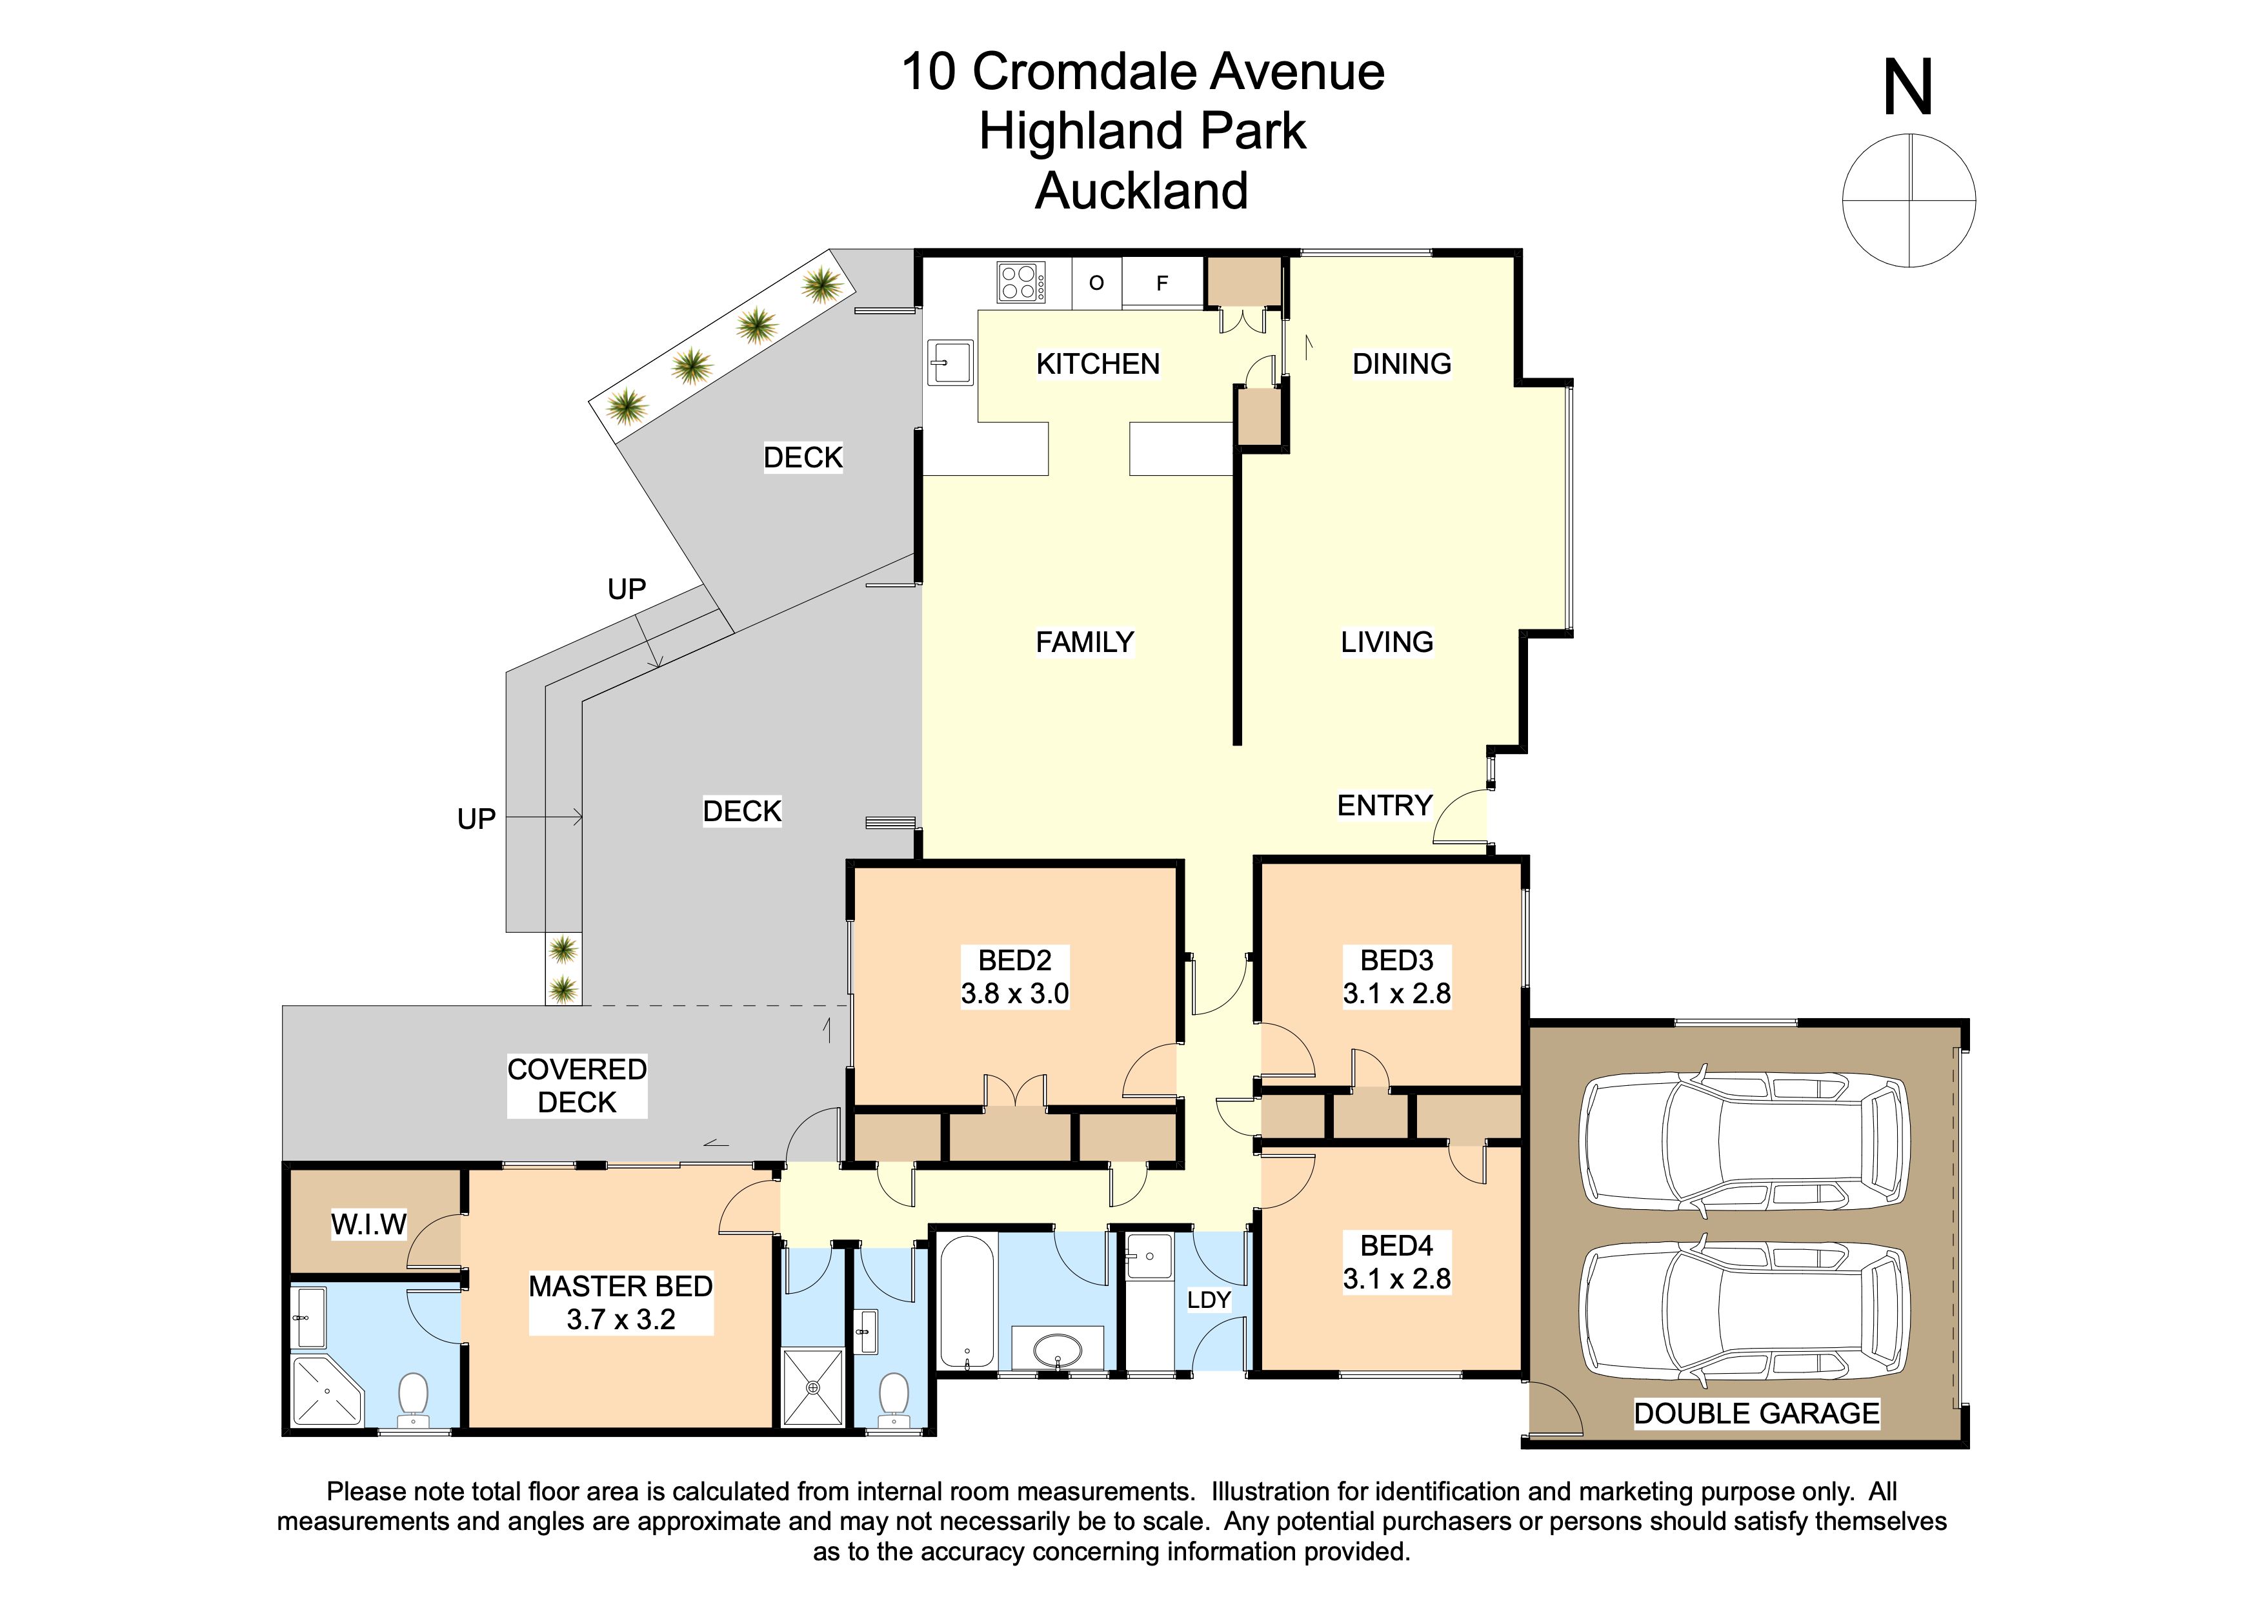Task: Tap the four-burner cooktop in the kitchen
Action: tap(1021, 282)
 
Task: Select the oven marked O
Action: tap(1096, 283)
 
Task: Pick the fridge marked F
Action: tap(1162, 283)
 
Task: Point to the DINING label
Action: tap(1402, 363)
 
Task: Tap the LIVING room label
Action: tap(1387, 642)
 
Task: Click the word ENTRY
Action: tap(1384, 806)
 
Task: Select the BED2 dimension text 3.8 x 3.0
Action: tap(1014, 993)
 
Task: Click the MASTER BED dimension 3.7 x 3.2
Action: tap(621, 1319)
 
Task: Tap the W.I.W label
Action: tap(368, 1225)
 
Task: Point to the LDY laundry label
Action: tap(1209, 1300)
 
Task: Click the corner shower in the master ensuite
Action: tap(327, 1390)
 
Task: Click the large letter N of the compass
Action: tap(1908, 88)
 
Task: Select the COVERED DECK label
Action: tap(577, 1085)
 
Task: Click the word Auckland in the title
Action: tap(1142, 190)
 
